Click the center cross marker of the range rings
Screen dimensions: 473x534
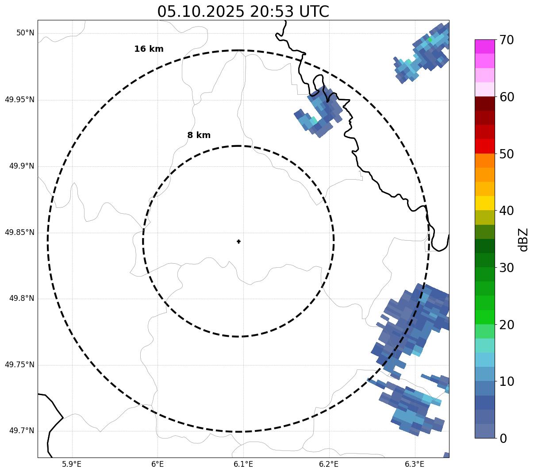point(239,241)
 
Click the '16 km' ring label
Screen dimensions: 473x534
point(149,49)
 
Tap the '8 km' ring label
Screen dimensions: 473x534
point(199,135)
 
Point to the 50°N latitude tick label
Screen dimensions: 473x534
point(25,33)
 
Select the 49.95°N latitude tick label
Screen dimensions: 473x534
point(19,100)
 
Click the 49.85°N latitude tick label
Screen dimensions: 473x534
point(19,232)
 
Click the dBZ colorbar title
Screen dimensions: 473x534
point(523,239)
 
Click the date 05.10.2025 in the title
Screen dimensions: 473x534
point(200,12)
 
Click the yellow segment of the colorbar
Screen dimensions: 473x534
point(484,204)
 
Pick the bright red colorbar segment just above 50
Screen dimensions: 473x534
point(484,146)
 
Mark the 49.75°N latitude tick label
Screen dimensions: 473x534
point(19,365)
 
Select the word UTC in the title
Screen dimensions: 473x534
point(314,12)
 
